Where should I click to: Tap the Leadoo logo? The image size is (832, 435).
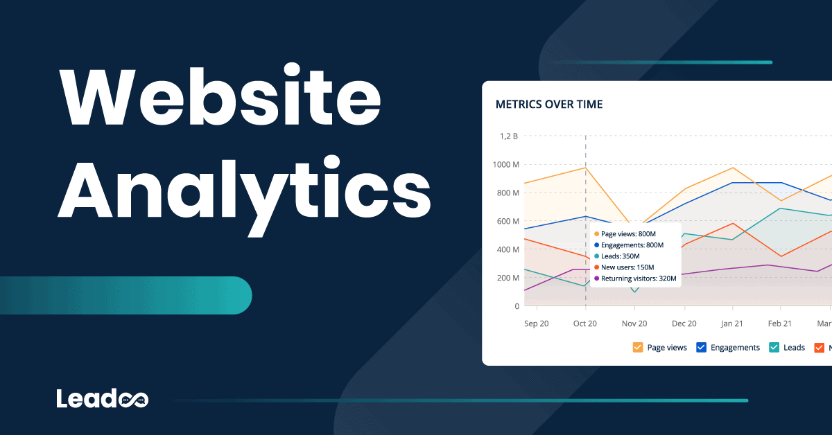[x=102, y=398]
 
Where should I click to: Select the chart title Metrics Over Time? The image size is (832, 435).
[x=549, y=105]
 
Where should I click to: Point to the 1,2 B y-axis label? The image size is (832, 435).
[x=509, y=136]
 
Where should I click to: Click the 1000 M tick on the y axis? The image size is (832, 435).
[x=505, y=165]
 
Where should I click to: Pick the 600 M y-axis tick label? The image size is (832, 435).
[x=507, y=222]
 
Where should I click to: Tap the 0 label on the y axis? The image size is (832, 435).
[x=517, y=306]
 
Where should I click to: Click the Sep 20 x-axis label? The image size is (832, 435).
[x=537, y=323]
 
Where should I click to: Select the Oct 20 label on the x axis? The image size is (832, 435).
[x=585, y=323]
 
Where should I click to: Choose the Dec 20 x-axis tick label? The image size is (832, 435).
[x=684, y=323]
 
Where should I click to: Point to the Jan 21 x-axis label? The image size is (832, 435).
[x=733, y=323]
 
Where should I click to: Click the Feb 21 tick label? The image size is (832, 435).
[x=781, y=323]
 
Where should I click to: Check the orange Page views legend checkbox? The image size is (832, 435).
[x=638, y=347]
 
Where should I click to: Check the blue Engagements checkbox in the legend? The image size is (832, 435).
[x=701, y=347]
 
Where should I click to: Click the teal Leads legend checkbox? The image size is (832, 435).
[x=774, y=347]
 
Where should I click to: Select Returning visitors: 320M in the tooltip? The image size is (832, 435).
[x=638, y=278]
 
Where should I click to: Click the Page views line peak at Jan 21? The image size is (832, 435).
[x=733, y=168]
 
